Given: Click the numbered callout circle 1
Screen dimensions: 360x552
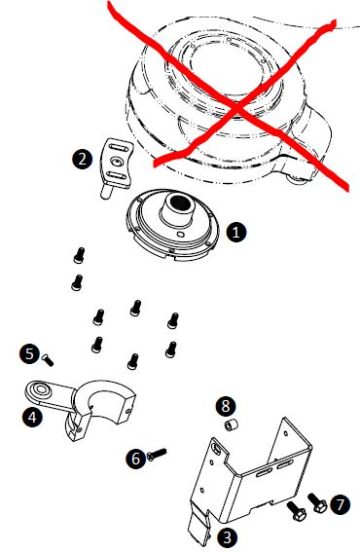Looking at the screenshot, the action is pyautogui.click(x=235, y=232).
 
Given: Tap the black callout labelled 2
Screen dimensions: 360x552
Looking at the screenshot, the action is pyautogui.click(x=82, y=159).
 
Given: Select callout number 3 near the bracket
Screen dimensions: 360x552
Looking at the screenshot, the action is pyautogui.click(x=227, y=536).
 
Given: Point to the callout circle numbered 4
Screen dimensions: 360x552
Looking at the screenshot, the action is pyautogui.click(x=32, y=418).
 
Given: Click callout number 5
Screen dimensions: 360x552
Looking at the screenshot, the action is pyautogui.click(x=29, y=353).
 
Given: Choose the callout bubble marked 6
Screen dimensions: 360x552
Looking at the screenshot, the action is pyautogui.click(x=136, y=459).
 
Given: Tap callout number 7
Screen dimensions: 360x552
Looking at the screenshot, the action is pyautogui.click(x=340, y=505).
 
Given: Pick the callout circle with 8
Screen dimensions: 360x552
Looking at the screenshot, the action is pyautogui.click(x=226, y=406).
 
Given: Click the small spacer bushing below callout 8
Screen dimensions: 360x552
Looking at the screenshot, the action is pyautogui.click(x=232, y=424).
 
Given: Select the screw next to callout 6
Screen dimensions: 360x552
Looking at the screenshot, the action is pyautogui.click(x=157, y=454).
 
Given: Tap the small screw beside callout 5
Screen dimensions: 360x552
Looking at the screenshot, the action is pyautogui.click(x=48, y=360).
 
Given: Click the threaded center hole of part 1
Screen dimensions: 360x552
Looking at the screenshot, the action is pyautogui.click(x=180, y=202).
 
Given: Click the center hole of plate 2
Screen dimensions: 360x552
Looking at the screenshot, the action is pyautogui.click(x=116, y=162).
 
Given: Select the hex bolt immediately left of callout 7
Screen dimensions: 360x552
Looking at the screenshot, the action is pyautogui.click(x=297, y=511).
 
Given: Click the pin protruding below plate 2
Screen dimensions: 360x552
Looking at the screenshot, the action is pyautogui.click(x=107, y=191).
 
